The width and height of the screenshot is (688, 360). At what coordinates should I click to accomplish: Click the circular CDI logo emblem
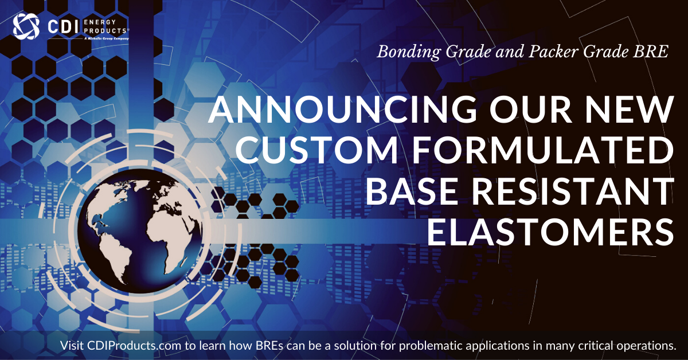coord(24,25)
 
